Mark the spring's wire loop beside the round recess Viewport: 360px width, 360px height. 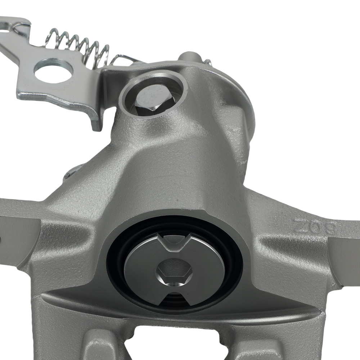click(124, 59)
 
